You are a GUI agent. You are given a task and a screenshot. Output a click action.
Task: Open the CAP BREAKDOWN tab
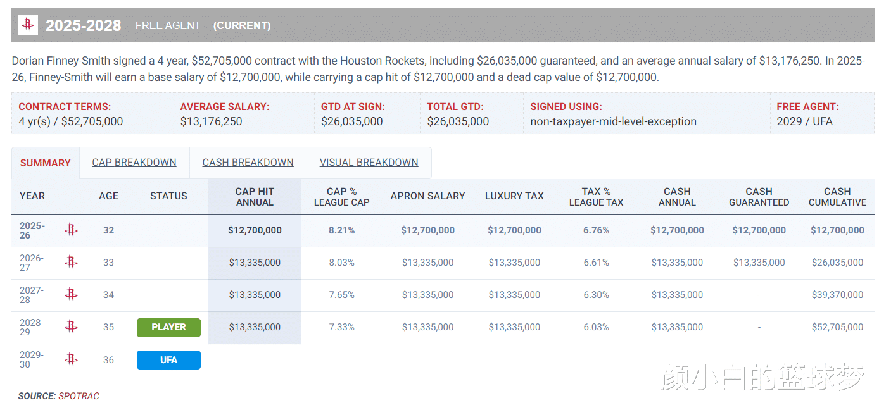(x=134, y=163)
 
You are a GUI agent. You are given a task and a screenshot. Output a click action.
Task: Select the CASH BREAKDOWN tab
(x=248, y=163)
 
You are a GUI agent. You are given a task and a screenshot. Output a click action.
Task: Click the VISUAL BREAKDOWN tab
(x=369, y=163)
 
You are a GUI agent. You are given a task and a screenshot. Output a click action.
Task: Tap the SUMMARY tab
(x=46, y=163)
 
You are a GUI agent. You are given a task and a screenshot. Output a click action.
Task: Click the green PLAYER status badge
(x=168, y=327)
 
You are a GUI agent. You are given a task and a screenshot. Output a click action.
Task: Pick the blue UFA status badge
(x=168, y=360)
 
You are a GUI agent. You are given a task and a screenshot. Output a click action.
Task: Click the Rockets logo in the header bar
(x=28, y=25)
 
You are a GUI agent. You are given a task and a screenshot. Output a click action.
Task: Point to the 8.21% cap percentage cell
(x=342, y=230)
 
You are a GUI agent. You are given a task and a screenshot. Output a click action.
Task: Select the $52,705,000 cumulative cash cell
(x=837, y=327)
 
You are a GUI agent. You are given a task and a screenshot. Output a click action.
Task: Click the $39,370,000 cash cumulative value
(x=837, y=295)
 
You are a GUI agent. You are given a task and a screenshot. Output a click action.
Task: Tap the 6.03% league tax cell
(x=596, y=327)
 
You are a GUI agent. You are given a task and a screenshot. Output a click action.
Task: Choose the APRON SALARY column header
(x=427, y=196)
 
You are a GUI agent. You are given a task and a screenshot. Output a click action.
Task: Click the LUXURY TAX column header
(x=514, y=196)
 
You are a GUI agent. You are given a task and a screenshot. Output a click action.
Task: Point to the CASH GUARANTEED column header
(x=759, y=197)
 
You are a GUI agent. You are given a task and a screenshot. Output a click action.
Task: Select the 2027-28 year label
(x=32, y=295)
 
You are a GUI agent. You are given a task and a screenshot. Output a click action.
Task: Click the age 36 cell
(x=109, y=360)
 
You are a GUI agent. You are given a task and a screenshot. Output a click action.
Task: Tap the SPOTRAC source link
(x=79, y=396)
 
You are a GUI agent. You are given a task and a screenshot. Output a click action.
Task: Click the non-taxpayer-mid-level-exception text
(x=613, y=121)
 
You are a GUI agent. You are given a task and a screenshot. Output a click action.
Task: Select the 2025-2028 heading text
(x=84, y=26)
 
